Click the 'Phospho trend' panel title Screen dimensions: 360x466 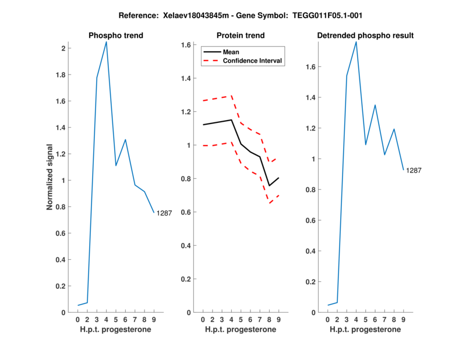pyautogui.click(x=115, y=36)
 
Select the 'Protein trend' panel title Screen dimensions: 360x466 pyautogui.click(x=240, y=36)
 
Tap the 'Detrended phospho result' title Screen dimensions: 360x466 pyautogui.click(x=365, y=36)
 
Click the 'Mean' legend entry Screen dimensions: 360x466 pyautogui.click(x=231, y=52)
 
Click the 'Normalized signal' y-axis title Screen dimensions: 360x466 pyautogui.click(x=50, y=177)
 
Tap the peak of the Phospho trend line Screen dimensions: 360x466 pyautogui.click(x=106, y=41)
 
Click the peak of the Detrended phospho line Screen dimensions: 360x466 pyautogui.click(x=356, y=41)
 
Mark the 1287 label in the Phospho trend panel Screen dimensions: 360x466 pyautogui.click(x=164, y=213)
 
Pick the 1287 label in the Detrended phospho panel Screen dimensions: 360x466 pyautogui.click(x=414, y=171)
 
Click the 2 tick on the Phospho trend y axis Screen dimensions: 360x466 pyautogui.click(x=63, y=48)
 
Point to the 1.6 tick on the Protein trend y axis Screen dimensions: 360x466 pyautogui.click(x=188, y=45)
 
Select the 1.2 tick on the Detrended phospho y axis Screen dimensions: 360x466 pyautogui.click(x=312, y=128)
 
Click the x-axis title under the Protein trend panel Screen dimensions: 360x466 pyautogui.click(x=240, y=330)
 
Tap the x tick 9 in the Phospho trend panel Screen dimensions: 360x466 pyautogui.click(x=154, y=319)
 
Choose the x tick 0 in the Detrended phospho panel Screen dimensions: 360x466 pyautogui.click(x=327, y=319)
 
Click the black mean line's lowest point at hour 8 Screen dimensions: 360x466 pyautogui.click(x=269, y=186)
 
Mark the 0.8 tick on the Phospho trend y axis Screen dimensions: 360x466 pyautogui.click(x=61, y=207)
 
